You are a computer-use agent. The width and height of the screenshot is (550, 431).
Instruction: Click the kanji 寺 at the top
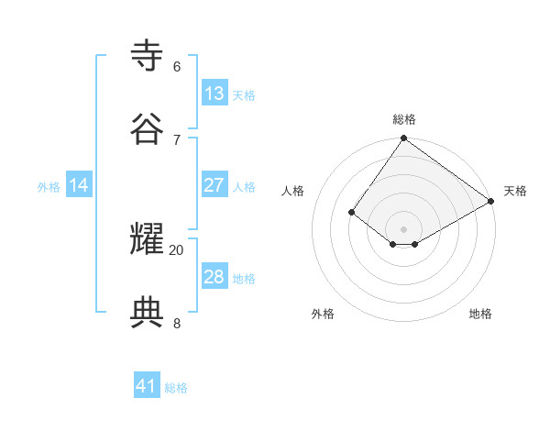click(x=148, y=57)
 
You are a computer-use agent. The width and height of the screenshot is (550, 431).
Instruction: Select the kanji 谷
click(x=148, y=129)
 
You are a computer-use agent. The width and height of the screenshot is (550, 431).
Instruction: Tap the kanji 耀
click(x=148, y=240)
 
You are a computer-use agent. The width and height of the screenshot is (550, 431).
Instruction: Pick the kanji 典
click(x=148, y=313)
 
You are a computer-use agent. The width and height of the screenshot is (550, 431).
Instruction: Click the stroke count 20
click(x=176, y=249)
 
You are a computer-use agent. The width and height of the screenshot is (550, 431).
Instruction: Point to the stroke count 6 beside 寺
click(x=176, y=66)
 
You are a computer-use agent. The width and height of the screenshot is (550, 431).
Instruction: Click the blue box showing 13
click(x=214, y=94)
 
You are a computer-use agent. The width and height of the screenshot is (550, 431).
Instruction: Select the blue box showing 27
click(x=214, y=185)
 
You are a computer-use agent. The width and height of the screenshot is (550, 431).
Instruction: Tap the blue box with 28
click(x=214, y=277)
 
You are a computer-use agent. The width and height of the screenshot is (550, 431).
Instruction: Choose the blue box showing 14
click(x=79, y=185)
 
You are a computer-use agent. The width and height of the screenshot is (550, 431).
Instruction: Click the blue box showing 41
click(x=147, y=386)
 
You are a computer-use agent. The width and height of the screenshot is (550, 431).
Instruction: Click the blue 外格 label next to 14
click(x=49, y=187)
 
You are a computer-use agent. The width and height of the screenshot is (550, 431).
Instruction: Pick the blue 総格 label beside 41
click(x=176, y=388)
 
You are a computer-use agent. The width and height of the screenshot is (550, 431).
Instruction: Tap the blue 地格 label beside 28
click(x=244, y=279)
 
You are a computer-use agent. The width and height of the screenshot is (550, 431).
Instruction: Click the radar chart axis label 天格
click(x=515, y=191)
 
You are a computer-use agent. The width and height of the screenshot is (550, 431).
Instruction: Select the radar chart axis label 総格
click(x=404, y=119)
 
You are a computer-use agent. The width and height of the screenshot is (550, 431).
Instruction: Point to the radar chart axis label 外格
click(x=323, y=314)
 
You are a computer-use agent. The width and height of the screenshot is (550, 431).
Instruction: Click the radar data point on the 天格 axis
click(x=491, y=201)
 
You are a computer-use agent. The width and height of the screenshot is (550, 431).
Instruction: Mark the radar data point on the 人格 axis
click(x=352, y=212)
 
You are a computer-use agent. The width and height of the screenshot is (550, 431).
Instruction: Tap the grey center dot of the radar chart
click(x=404, y=228)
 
